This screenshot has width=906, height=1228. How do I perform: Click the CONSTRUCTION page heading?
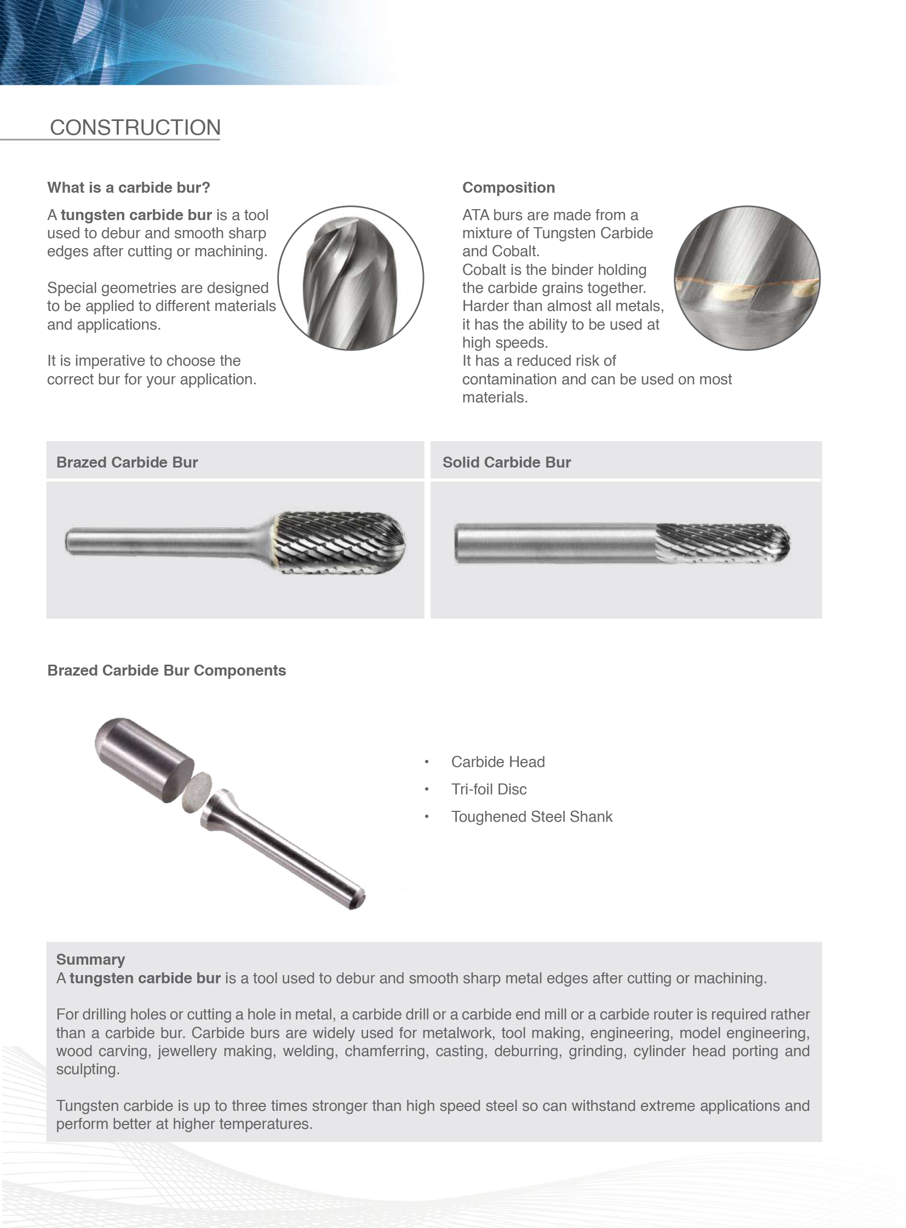click(135, 128)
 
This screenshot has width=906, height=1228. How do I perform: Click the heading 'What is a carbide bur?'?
click(128, 187)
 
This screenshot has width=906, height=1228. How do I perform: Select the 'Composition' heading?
click(508, 187)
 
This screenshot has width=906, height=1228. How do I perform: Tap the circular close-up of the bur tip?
click(351, 278)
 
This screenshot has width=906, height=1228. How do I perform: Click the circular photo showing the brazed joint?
click(747, 278)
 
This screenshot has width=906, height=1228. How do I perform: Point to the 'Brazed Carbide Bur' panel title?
click(127, 462)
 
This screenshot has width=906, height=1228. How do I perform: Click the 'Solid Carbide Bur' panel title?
click(506, 462)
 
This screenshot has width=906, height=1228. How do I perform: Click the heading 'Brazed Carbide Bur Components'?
click(166, 671)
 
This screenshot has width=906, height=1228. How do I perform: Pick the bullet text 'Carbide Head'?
click(497, 762)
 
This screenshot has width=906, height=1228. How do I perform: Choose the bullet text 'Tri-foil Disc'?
click(489, 789)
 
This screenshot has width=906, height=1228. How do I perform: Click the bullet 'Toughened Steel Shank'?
click(531, 817)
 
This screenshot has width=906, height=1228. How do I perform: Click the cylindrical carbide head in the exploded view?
click(144, 759)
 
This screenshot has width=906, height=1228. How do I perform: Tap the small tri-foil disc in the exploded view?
click(197, 792)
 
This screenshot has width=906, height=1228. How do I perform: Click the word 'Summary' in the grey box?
click(90, 959)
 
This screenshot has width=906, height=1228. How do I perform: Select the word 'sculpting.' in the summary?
click(88, 1070)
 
